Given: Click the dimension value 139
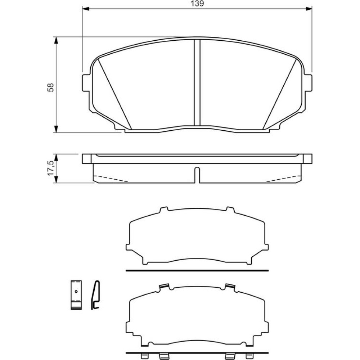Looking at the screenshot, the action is (197, 4).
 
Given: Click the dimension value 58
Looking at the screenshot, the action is (50, 87).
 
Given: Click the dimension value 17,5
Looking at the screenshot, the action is (50, 168).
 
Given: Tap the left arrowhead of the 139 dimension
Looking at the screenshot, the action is (85, 9).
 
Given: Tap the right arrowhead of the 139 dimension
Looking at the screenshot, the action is (309, 9).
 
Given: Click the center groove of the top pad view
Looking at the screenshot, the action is (197, 83).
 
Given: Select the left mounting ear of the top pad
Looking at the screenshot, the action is (86, 83).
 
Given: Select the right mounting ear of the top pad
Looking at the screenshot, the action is (309, 83).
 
